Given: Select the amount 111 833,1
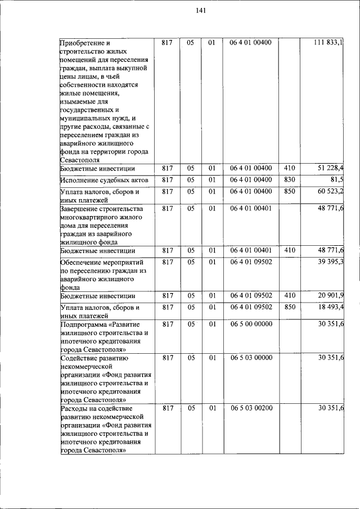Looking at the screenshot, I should click(329, 43).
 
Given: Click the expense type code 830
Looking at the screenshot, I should click(290, 179).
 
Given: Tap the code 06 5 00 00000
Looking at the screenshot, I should click(251, 324).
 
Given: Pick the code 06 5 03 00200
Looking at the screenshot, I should click(251, 408).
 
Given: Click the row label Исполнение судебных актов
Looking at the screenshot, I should click(103, 180).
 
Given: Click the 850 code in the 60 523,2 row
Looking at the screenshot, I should click(290, 192).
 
